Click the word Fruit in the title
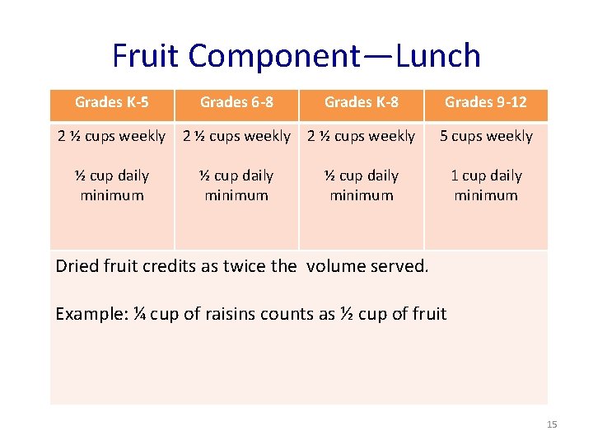(146, 56)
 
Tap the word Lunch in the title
(438, 56)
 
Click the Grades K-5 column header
(112, 103)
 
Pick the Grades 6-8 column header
(236, 103)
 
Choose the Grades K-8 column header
(361, 103)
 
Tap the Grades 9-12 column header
(486, 103)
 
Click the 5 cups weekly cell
(486, 136)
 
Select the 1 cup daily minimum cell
(486, 185)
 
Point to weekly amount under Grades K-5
(112, 136)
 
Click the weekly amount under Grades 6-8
(236, 136)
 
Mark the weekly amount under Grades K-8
(361, 136)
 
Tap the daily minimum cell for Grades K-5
(112, 185)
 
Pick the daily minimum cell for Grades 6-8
(236, 185)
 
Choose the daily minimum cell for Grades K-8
(361, 185)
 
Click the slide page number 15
(552, 424)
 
